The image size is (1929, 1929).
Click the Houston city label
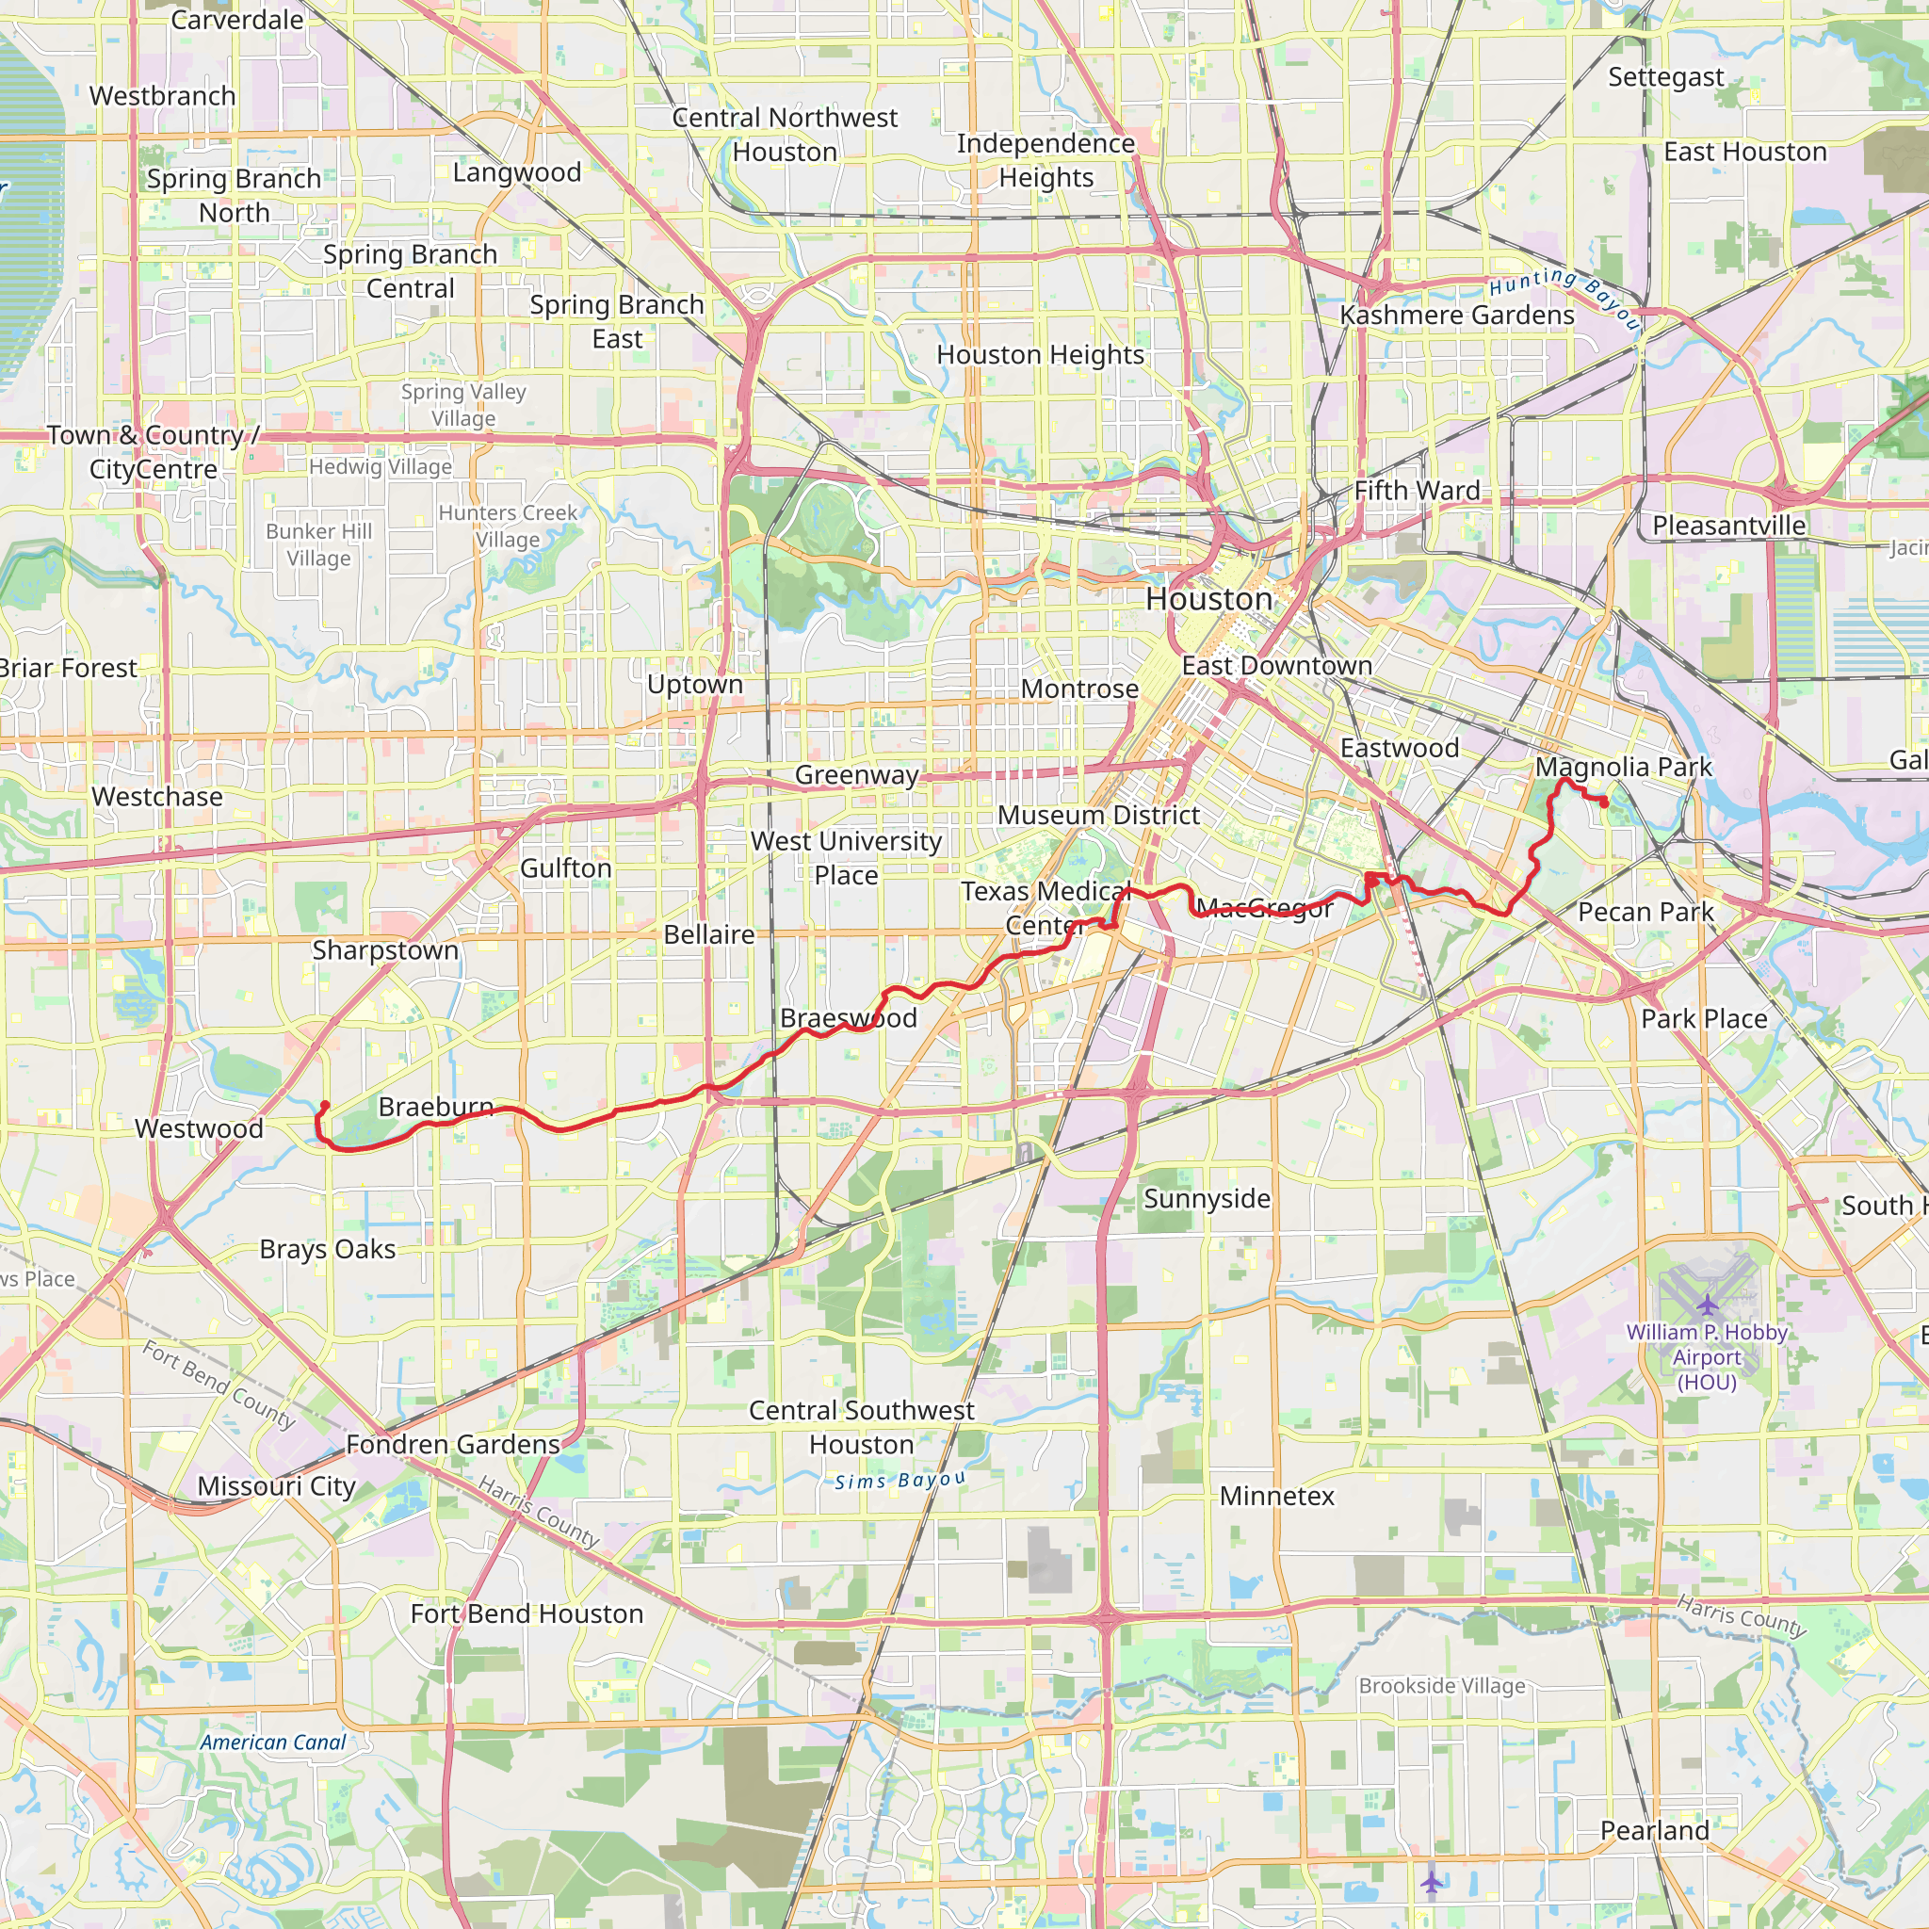[1209, 599]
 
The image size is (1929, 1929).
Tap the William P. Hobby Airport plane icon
[1708, 1304]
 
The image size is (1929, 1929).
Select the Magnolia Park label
[1624, 767]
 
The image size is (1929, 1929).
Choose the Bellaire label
[709, 934]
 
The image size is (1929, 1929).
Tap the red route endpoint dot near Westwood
[325, 1105]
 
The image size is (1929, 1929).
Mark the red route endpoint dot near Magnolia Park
[1604, 802]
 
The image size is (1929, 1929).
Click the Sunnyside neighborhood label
[1208, 1198]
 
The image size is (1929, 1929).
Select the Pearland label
[1654, 1830]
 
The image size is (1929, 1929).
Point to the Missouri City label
[277, 1485]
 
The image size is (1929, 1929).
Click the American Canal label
[272, 1743]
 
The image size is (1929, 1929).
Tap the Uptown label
[695, 685]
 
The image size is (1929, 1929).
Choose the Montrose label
[1079, 689]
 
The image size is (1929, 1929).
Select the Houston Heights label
[1041, 354]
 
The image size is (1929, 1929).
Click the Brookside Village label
[1442, 1685]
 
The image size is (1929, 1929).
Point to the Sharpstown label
[385, 949]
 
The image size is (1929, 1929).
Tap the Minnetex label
[1277, 1496]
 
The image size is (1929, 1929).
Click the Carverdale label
[237, 20]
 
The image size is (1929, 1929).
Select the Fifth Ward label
[1417, 490]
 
